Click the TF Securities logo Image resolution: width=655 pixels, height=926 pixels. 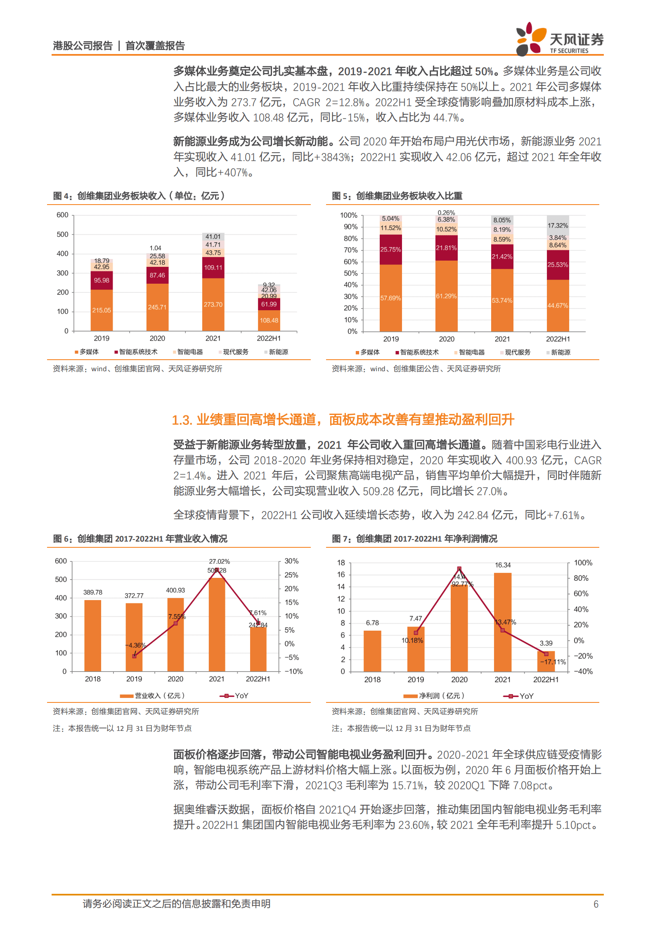(559, 39)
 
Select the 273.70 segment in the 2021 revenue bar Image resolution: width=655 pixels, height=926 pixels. (213, 304)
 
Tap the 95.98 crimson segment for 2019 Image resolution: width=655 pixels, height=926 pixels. (102, 280)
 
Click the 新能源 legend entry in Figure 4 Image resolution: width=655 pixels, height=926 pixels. (276, 352)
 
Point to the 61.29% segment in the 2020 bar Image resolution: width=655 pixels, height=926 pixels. (446, 296)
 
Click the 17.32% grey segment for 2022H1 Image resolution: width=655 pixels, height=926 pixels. (558, 226)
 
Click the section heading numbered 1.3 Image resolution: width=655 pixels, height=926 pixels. (343, 419)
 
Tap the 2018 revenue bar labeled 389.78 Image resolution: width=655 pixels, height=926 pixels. (93, 635)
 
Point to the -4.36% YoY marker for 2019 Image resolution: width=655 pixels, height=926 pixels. (134, 656)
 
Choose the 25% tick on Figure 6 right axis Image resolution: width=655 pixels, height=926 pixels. (291, 575)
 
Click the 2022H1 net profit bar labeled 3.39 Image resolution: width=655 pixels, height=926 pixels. (546, 662)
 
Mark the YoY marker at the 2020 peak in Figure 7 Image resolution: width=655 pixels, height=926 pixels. (459, 569)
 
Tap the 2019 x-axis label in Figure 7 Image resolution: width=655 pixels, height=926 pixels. (416, 680)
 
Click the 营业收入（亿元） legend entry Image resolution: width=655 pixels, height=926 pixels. (153, 696)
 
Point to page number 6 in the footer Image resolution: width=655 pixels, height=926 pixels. (596, 904)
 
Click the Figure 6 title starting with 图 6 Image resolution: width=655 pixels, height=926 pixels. (140, 539)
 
